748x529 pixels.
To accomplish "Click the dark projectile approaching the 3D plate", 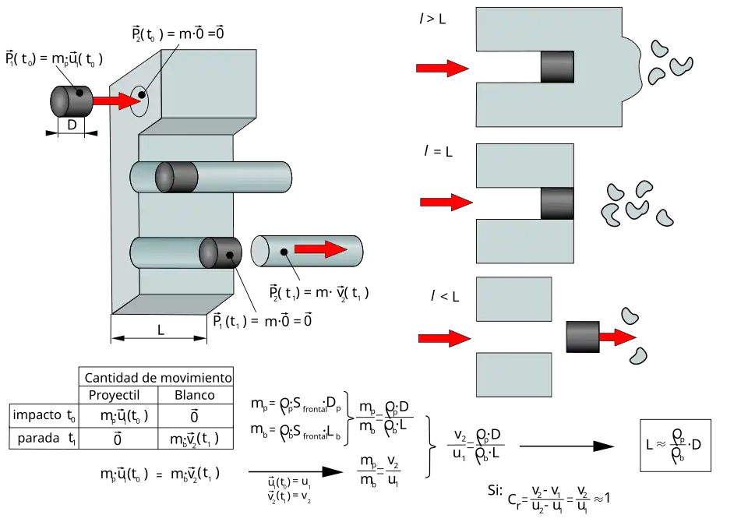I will pos(70,101).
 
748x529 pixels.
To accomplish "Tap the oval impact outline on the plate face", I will pos(139,99).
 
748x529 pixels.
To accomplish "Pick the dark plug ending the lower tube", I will pos(220,252).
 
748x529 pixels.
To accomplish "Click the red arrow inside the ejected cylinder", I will pos(320,249).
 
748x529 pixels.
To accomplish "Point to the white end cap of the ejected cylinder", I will pos(259,251).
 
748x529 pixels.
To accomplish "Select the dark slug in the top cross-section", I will pos(558,66).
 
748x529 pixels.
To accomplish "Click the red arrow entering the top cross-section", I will pos(441,69).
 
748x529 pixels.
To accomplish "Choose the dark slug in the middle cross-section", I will pos(557,203).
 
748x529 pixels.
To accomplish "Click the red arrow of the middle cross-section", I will pos(445,203).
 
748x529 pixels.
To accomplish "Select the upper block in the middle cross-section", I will pos(524,166).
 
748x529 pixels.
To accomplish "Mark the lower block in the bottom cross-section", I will pos(514,374).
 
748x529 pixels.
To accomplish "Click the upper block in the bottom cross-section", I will pos(514,299).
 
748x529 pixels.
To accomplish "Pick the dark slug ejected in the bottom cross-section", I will pos(582,337).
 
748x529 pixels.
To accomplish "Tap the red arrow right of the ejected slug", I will pos(616,337).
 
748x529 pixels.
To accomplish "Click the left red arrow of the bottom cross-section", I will pos(443,338).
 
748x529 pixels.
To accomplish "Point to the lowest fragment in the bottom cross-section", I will pos(638,356).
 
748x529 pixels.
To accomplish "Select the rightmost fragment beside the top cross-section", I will pos(681,65).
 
